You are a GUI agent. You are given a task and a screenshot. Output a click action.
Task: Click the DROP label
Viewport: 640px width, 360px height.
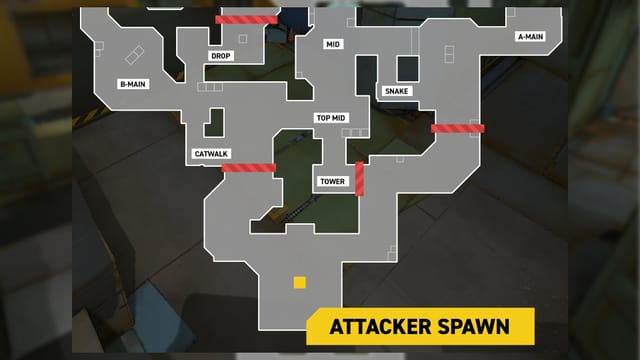pyautogui.click(x=221, y=56)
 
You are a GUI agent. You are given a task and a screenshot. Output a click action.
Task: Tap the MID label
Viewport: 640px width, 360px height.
pyautogui.click(x=333, y=45)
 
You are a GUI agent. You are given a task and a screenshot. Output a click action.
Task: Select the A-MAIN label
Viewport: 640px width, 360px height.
pyautogui.click(x=529, y=37)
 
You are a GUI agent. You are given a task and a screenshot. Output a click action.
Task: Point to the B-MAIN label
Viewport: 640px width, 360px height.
pyautogui.click(x=133, y=84)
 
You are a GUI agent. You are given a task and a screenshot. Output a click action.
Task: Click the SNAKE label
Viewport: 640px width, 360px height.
pyautogui.click(x=397, y=91)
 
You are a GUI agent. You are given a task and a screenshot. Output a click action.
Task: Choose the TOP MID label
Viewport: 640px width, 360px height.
pyautogui.click(x=330, y=118)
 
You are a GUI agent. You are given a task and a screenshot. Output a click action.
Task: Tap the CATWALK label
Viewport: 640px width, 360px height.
pyautogui.click(x=211, y=153)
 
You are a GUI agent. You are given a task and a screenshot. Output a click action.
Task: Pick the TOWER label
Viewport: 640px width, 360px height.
pyautogui.click(x=332, y=181)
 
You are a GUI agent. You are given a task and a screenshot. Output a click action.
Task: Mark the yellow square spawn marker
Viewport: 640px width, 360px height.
pyautogui.click(x=299, y=283)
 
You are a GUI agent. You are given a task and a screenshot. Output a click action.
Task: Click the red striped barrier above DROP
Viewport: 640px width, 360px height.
pyautogui.click(x=246, y=20)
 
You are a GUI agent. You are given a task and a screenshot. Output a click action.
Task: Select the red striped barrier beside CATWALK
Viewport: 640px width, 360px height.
pyautogui.click(x=248, y=167)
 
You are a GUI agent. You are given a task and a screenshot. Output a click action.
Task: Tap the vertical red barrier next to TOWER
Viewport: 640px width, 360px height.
pyautogui.click(x=360, y=179)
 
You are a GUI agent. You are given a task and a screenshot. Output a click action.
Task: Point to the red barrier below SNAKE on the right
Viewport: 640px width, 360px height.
pyautogui.click(x=457, y=128)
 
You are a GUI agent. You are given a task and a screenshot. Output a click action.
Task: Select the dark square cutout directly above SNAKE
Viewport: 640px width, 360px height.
pyautogui.click(x=407, y=68)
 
